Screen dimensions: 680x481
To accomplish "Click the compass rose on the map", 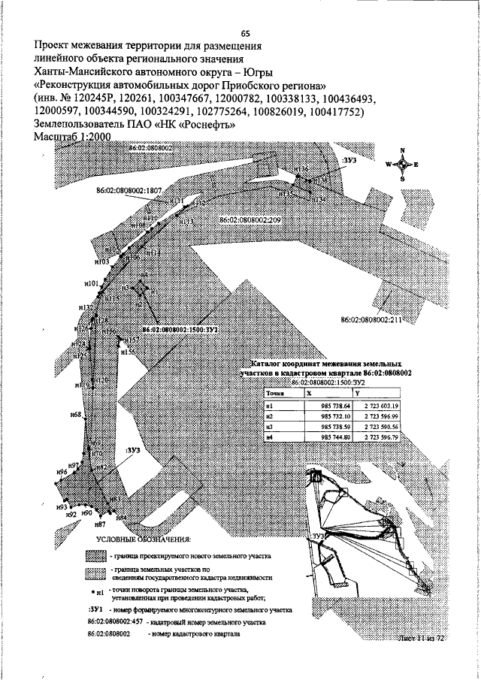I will [x=402, y=164].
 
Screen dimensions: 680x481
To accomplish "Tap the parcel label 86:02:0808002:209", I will [x=250, y=219].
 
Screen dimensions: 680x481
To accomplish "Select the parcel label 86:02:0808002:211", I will [x=372, y=320].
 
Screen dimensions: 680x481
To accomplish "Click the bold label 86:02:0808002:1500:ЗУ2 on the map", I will [x=179, y=329].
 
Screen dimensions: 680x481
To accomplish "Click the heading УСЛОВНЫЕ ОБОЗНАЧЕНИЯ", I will [x=144, y=540].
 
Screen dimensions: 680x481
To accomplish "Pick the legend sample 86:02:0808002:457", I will [x=115, y=623].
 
